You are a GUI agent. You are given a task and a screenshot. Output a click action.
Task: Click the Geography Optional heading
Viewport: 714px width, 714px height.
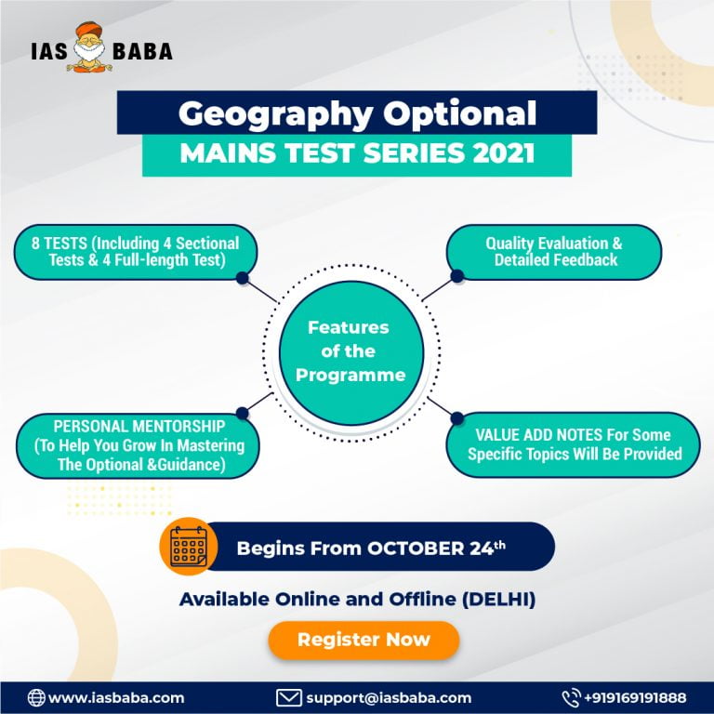click(357, 113)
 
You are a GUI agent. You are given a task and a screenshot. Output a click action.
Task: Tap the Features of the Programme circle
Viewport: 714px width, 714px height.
click(348, 351)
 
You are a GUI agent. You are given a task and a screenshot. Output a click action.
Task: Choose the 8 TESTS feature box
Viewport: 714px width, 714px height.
click(135, 252)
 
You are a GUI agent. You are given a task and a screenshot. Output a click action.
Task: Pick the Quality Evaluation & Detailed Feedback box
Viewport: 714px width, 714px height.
click(555, 252)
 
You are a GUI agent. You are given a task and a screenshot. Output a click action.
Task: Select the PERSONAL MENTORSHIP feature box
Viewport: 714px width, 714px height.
click(139, 446)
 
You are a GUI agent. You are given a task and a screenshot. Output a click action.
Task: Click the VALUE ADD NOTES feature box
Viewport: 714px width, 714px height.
click(574, 444)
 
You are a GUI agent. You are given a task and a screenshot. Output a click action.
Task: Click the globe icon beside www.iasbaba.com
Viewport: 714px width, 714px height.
click(36, 697)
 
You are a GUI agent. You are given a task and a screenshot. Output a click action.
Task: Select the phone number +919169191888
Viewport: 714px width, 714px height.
click(636, 697)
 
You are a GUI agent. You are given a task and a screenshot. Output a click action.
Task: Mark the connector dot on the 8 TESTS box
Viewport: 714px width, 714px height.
click(242, 277)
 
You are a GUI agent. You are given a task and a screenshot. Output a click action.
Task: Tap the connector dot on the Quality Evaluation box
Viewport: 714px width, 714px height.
click(456, 276)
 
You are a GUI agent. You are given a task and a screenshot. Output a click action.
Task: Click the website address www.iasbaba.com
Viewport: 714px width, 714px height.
click(116, 697)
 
